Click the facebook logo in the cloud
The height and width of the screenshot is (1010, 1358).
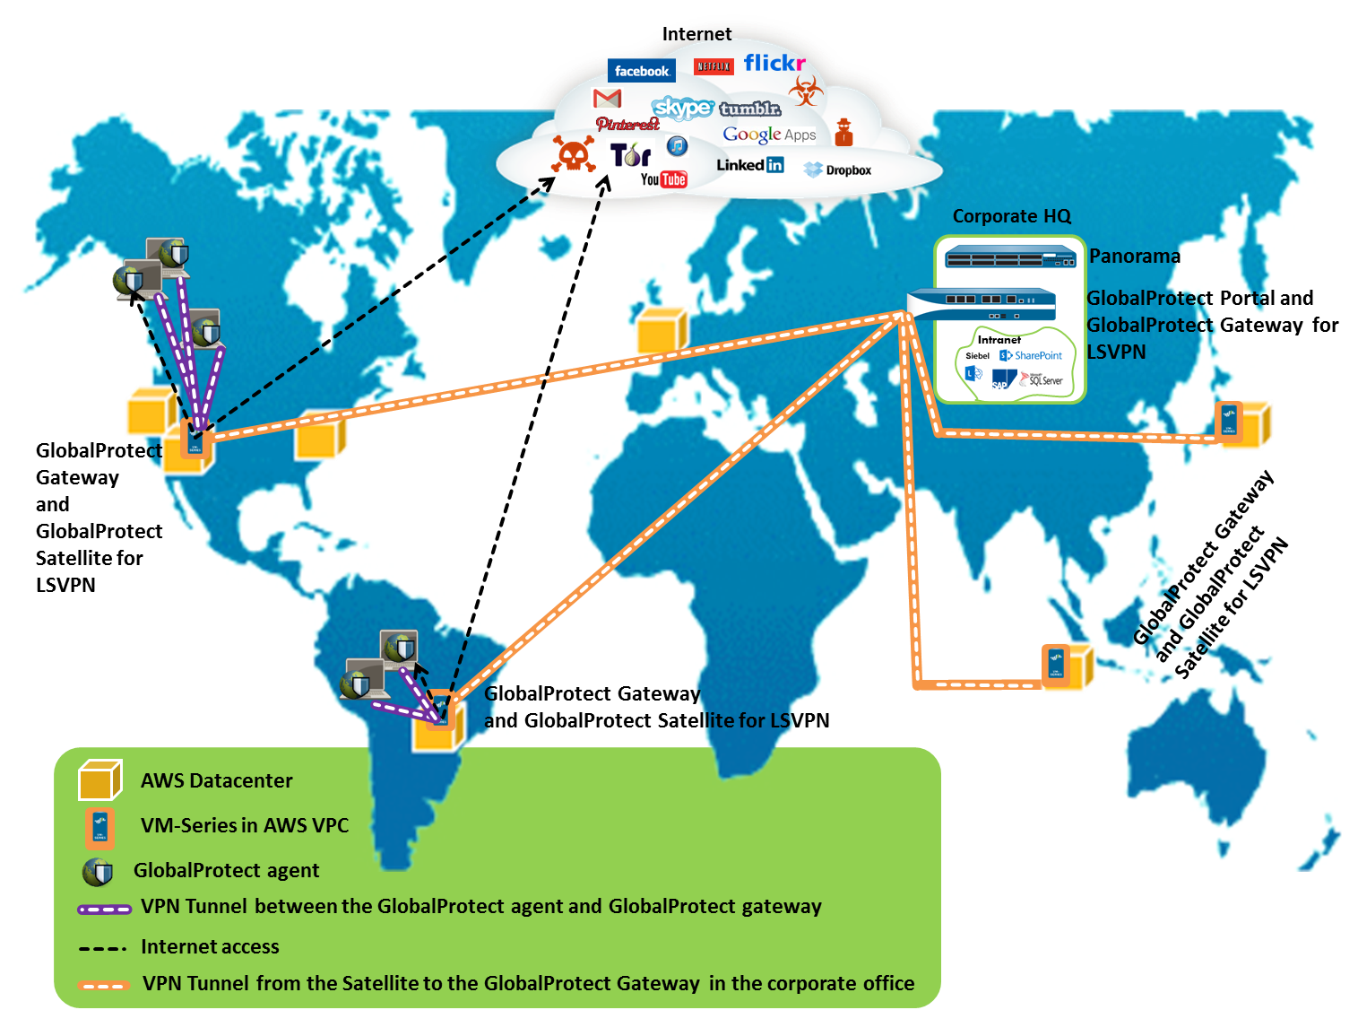point(641,71)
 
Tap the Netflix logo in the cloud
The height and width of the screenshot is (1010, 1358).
point(714,66)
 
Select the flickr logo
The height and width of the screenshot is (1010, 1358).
point(774,63)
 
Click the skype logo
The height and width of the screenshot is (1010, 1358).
point(682,109)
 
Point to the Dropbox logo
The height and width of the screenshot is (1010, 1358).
point(838,170)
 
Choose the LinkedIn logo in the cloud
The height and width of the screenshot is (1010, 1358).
point(750,165)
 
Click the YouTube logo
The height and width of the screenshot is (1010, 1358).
point(663,179)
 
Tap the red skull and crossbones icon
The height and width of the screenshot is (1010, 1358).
point(573,154)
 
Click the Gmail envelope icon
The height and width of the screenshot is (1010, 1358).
point(607,97)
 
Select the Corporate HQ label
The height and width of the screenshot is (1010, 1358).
point(1011,216)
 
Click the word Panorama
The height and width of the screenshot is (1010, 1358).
point(1135,257)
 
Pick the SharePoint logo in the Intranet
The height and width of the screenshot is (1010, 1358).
point(1031,356)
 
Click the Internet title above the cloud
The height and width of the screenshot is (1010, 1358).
point(696,34)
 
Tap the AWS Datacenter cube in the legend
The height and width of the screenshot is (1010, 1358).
point(99,780)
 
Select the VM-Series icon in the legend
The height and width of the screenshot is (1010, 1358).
point(99,828)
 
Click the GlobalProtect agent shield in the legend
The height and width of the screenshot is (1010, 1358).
point(97,872)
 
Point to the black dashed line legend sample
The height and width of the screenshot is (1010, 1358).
point(102,948)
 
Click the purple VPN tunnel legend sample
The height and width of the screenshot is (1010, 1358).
point(104,909)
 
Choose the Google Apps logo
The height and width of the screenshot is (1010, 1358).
point(769,135)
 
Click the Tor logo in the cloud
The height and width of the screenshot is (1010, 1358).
point(630,155)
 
